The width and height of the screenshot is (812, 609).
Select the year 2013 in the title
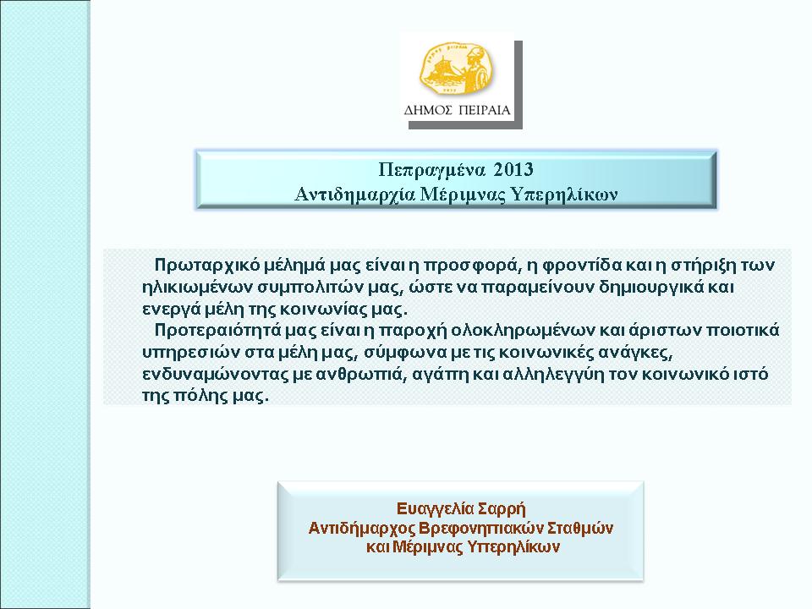click(513, 169)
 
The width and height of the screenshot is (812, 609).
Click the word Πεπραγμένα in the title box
click(432, 170)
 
